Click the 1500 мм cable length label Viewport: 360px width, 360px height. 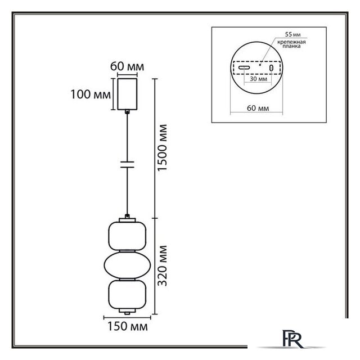(x=163, y=147)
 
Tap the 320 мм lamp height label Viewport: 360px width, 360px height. (x=163, y=265)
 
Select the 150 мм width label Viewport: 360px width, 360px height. (x=128, y=327)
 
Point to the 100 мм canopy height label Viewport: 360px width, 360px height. (x=91, y=94)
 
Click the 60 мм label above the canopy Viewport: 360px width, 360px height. (x=127, y=66)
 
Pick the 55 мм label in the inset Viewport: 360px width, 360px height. (x=292, y=34)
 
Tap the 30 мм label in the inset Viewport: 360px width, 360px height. (x=259, y=79)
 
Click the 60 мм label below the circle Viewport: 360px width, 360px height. (x=258, y=108)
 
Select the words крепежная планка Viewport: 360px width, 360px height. (x=291, y=44)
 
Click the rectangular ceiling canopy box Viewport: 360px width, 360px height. (x=127, y=94)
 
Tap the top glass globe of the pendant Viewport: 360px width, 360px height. (x=127, y=236)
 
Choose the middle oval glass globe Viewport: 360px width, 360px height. (x=127, y=265)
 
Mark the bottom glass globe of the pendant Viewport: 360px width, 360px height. (x=127, y=295)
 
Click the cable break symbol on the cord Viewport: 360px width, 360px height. (x=127, y=165)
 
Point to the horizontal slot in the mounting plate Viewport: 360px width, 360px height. (x=244, y=67)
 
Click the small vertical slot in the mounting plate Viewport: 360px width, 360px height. (x=271, y=68)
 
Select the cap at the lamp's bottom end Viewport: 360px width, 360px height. (x=127, y=311)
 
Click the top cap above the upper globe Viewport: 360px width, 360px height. (x=127, y=220)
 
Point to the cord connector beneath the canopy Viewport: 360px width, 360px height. (x=127, y=112)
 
